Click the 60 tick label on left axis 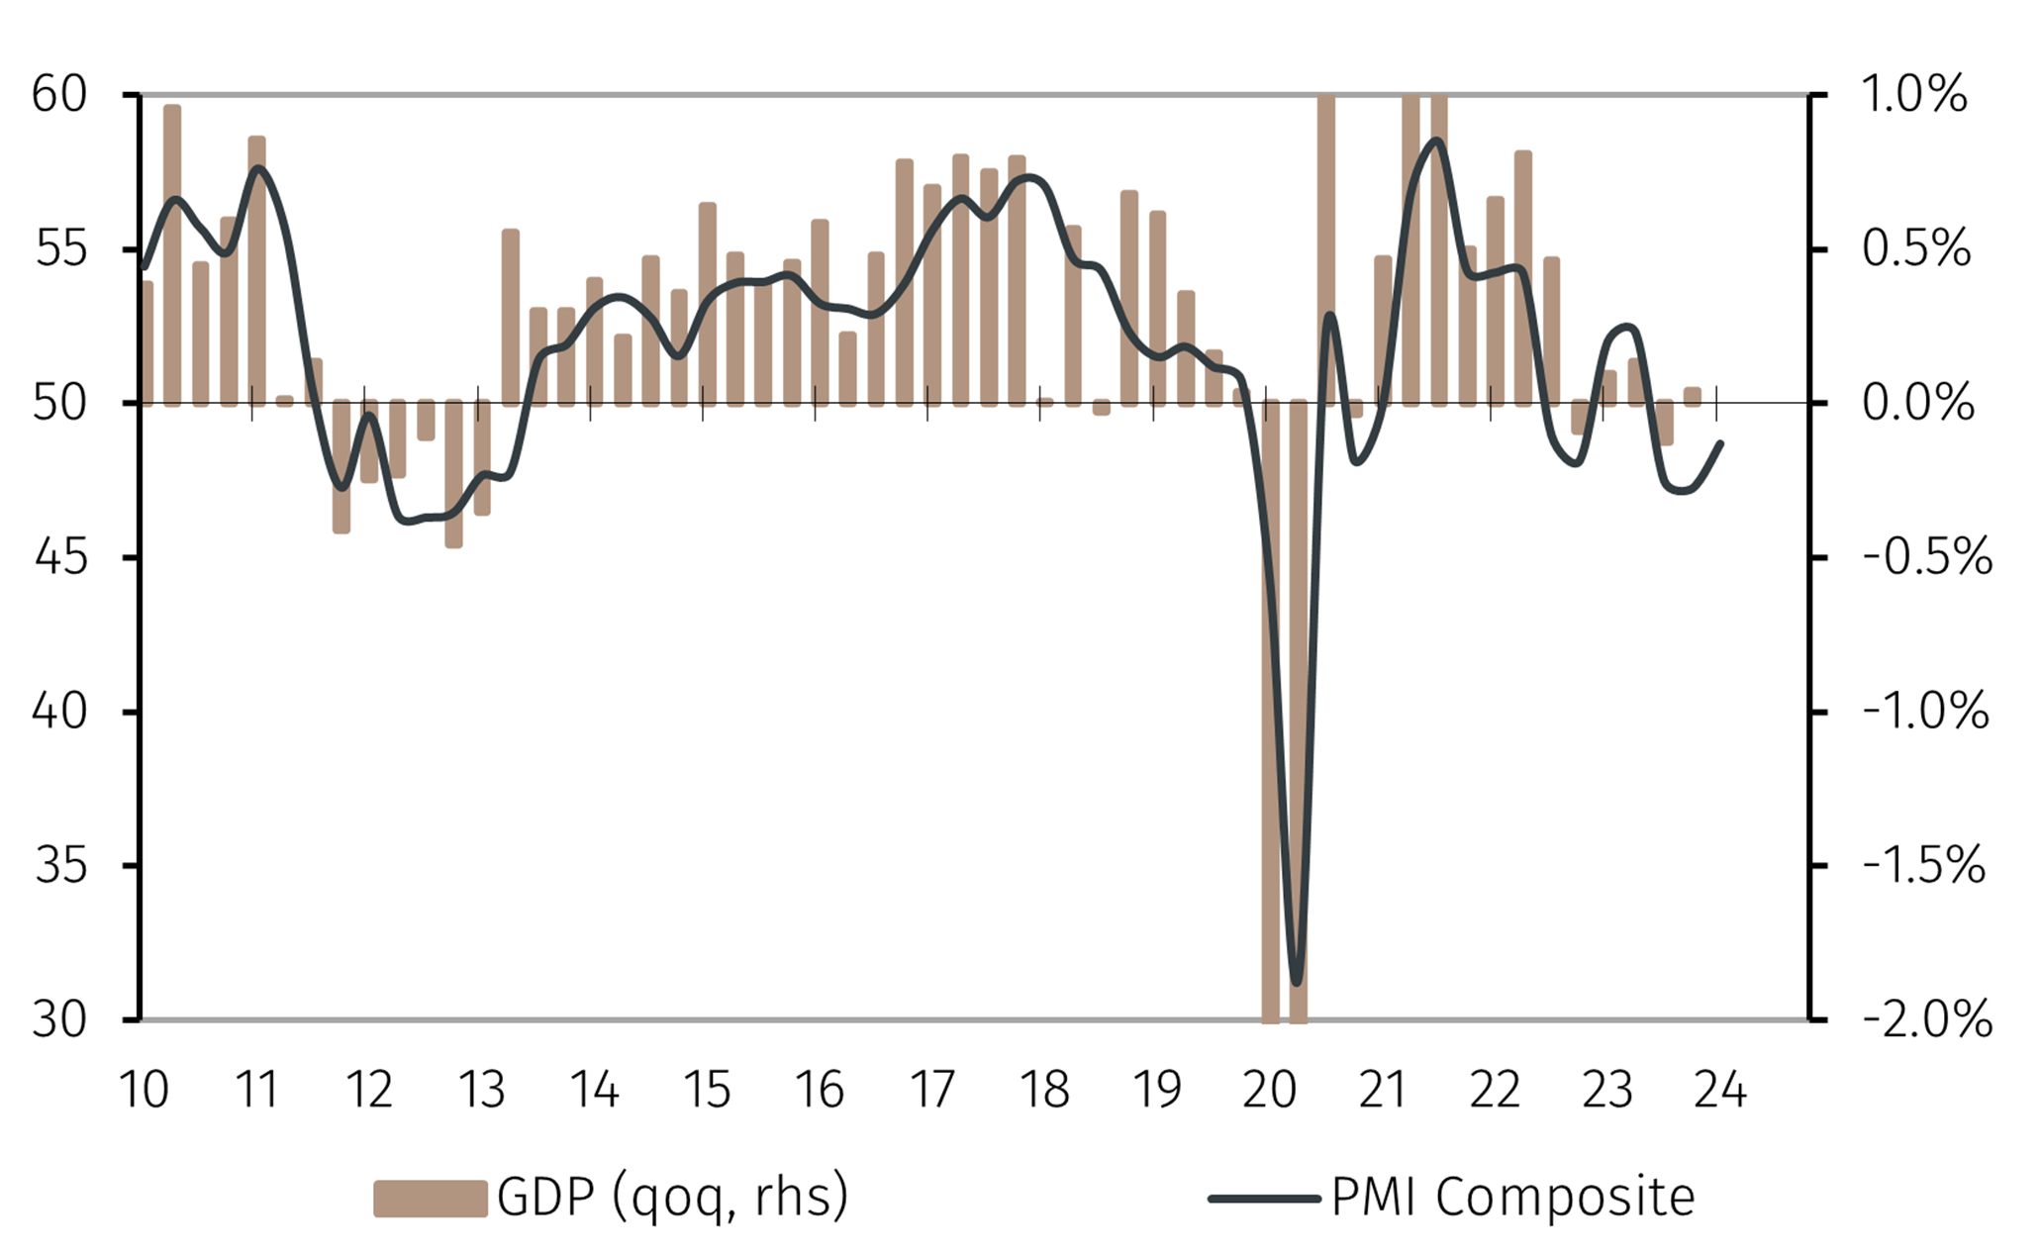[x=59, y=95]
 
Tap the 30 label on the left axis [x=59, y=1019]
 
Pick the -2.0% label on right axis [x=1926, y=1019]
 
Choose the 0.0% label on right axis [x=1917, y=404]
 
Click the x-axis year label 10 [x=144, y=1090]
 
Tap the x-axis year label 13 [x=481, y=1090]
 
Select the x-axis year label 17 [x=931, y=1090]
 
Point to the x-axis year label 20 [x=1269, y=1090]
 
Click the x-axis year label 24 [x=1719, y=1090]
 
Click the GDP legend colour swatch [x=430, y=1198]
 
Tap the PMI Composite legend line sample [x=1264, y=1199]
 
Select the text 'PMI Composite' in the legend [x=1512, y=1197]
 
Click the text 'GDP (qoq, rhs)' [x=672, y=1197]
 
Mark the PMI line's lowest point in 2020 [x=1297, y=983]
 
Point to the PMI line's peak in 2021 [x=1436, y=140]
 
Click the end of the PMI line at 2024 [x=1722, y=442]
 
